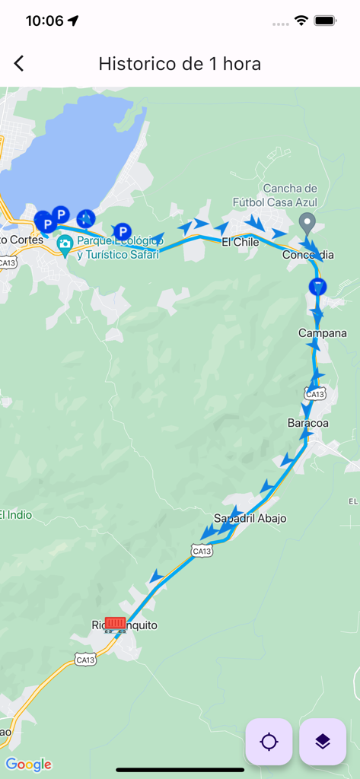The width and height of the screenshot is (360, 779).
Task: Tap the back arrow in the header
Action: point(19,64)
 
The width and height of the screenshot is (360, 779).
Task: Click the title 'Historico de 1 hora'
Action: point(180,64)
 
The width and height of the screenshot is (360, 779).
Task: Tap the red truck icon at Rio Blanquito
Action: point(115,625)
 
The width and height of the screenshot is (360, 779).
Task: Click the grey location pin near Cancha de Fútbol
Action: point(307,224)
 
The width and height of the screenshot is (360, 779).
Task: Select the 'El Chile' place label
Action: point(241,242)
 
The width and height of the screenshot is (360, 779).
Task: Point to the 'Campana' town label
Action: point(322,333)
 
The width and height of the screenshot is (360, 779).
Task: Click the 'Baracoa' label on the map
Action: point(307,422)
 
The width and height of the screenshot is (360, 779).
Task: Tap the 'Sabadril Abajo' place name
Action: point(250,518)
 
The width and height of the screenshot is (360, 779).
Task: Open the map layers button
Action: point(323,742)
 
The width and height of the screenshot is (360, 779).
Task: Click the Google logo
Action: point(28,765)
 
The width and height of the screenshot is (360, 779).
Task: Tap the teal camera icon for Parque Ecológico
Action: point(65,245)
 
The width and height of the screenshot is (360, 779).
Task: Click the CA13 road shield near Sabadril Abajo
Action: point(201,550)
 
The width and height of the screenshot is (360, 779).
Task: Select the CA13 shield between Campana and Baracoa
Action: point(315,393)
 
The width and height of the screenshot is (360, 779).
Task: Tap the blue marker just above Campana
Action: point(317,286)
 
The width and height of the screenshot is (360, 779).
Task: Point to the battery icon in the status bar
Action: point(326,21)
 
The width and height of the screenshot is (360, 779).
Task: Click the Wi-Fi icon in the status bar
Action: point(301,21)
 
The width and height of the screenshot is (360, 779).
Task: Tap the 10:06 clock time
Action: point(44,21)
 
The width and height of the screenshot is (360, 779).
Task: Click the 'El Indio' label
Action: point(16,515)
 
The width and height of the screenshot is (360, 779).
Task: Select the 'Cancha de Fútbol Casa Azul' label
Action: point(290,196)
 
